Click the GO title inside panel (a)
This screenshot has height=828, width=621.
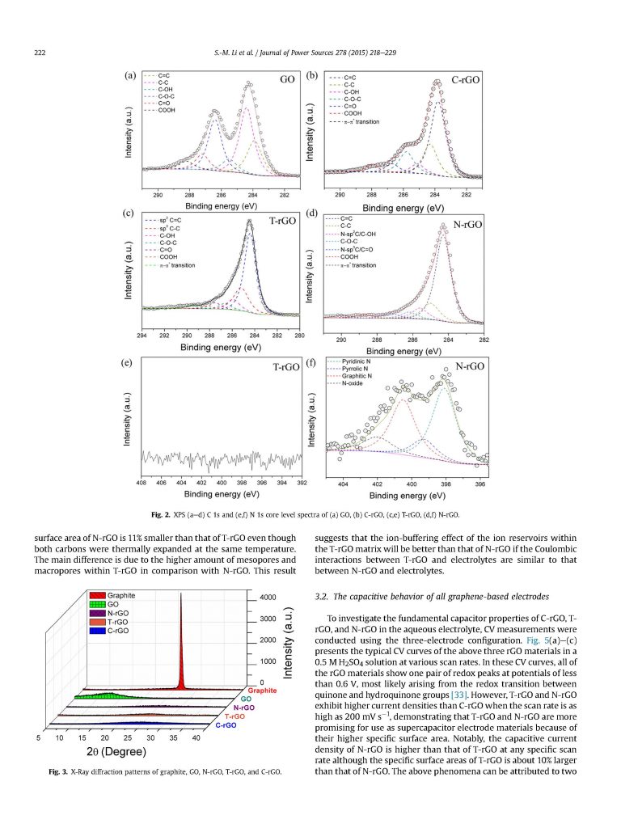[x=287, y=80]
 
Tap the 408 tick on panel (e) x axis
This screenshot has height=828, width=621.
[x=142, y=483]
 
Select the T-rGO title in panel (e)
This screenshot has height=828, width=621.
[x=285, y=367]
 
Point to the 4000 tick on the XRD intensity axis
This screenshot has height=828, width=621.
[x=268, y=598]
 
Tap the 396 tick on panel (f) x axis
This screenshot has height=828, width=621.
[x=481, y=484]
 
